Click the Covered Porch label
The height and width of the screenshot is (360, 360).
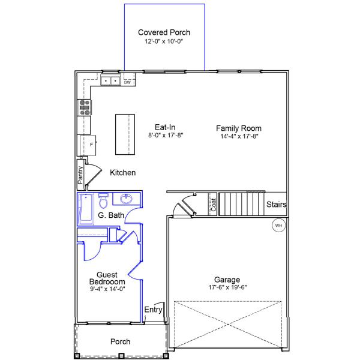pos(164,32)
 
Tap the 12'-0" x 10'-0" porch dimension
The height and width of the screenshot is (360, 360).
pos(164,42)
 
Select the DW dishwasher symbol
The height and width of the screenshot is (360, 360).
pos(127,82)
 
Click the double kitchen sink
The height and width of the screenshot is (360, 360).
pos(110,80)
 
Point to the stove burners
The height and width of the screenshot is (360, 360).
pos(85,107)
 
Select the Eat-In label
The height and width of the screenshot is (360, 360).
pos(165,127)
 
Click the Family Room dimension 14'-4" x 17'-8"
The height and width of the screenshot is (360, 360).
pos(239,136)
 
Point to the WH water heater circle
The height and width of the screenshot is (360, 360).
pos(278,226)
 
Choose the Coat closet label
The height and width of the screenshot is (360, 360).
pos(212,205)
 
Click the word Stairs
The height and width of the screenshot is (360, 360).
pos(277,205)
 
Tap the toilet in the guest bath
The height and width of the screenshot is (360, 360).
pos(103,199)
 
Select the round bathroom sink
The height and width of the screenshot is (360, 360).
pos(127,199)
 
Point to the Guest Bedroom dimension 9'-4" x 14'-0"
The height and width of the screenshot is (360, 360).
pos(107,289)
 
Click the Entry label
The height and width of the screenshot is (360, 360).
pos(154,310)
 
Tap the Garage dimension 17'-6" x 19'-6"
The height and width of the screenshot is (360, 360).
pos(227,287)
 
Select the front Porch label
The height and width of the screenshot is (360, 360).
pos(120,341)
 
